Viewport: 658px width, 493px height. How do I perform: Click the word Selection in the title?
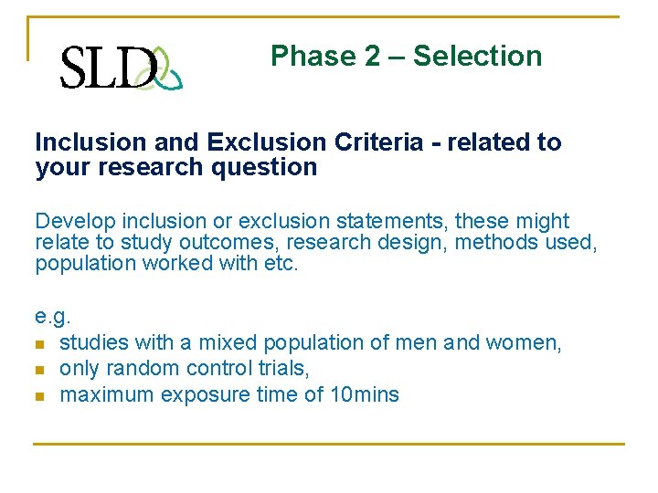pyautogui.click(x=477, y=57)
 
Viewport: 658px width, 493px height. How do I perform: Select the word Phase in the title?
pyautogui.click(x=312, y=57)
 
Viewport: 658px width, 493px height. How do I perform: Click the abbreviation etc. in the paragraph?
pyautogui.click(x=280, y=263)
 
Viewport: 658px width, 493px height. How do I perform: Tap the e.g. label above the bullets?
pyautogui.click(x=52, y=317)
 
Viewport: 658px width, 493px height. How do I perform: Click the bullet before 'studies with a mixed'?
pyautogui.click(x=40, y=343)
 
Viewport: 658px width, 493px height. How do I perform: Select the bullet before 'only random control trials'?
pyautogui.click(x=40, y=370)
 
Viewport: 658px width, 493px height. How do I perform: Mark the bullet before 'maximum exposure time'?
pyautogui.click(x=40, y=396)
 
